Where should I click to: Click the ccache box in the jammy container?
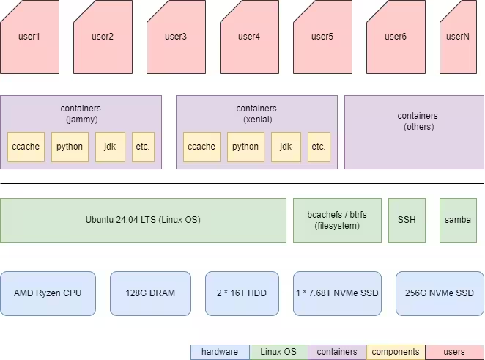(26, 147)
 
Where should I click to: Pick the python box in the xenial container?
(245, 147)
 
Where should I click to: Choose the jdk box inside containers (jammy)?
(110, 147)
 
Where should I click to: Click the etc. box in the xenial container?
(319, 147)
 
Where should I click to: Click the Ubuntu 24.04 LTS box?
(143, 220)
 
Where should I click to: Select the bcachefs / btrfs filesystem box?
(337, 220)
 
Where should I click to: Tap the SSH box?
(407, 220)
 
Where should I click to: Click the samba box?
(458, 220)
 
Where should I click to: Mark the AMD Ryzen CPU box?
(48, 293)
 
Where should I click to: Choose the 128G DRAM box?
(150, 293)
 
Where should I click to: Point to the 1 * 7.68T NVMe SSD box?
(337, 293)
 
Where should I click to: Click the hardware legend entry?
(220, 352)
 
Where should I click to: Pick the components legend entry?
(396, 352)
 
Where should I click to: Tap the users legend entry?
(454, 352)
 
